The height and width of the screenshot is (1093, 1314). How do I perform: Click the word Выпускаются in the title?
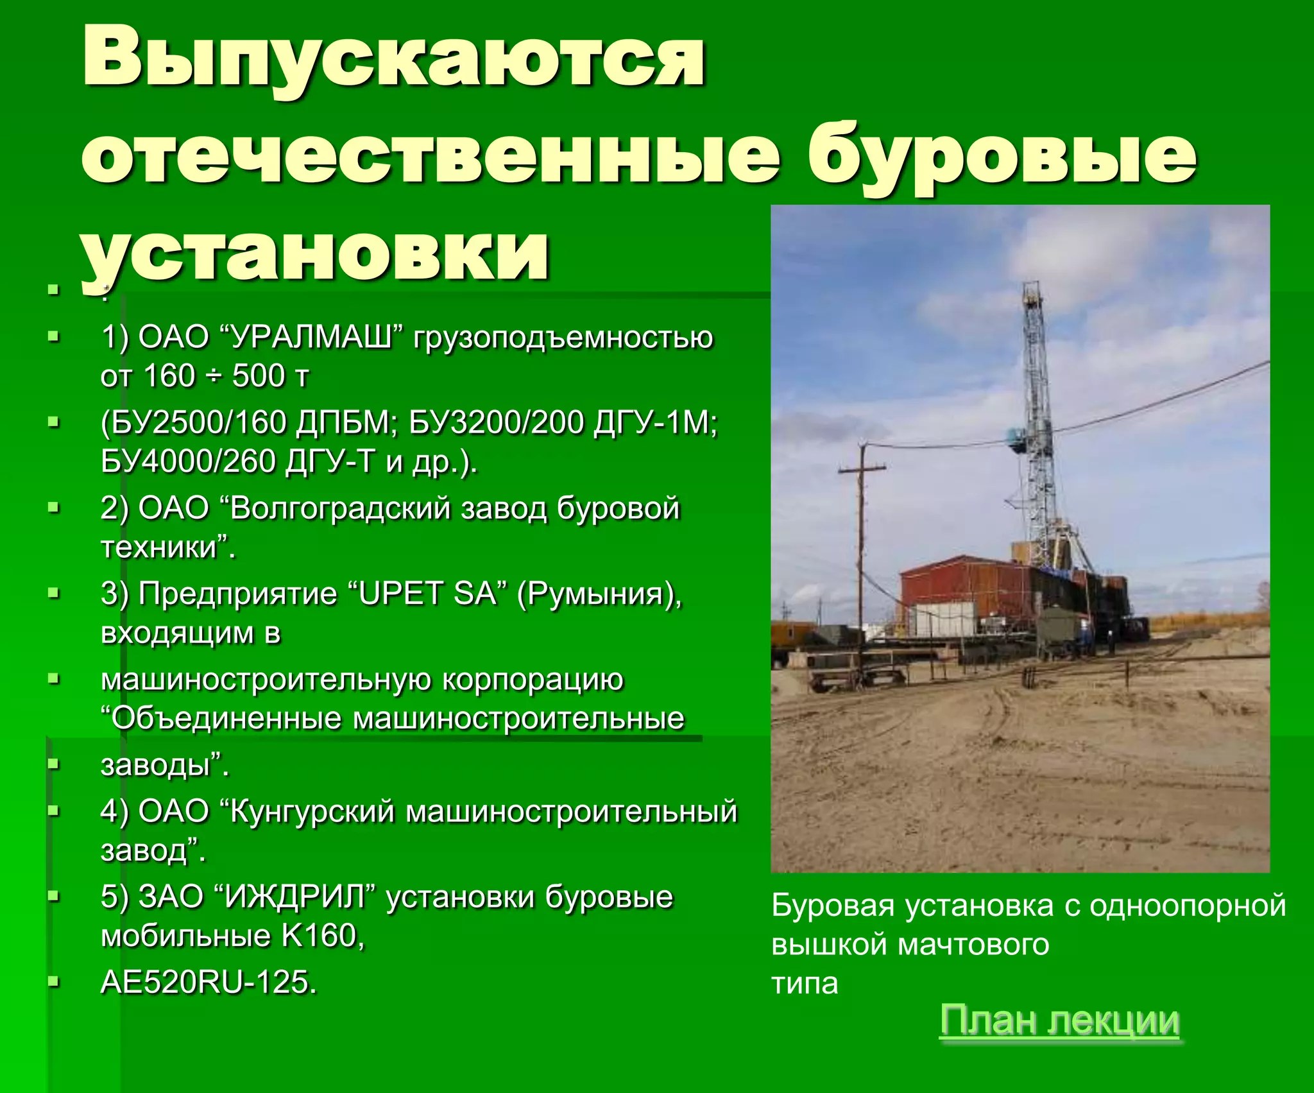[394, 59]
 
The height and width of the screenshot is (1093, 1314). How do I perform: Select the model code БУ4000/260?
[188, 461]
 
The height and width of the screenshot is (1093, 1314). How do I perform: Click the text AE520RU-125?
[209, 982]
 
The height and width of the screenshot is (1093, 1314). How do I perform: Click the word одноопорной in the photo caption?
[1188, 906]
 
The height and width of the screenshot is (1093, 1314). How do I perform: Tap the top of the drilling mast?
[1032, 292]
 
